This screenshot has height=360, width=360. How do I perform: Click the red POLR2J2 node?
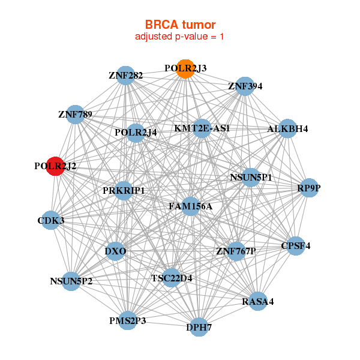(x=55, y=166)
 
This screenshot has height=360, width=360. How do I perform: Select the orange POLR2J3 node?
(x=185, y=68)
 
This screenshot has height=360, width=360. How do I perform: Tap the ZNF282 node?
(x=125, y=75)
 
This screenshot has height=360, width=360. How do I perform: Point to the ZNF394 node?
(x=245, y=86)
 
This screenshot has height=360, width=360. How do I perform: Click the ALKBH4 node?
(x=287, y=128)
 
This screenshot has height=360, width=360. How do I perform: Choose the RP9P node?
(x=309, y=188)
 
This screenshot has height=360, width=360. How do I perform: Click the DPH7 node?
(x=199, y=327)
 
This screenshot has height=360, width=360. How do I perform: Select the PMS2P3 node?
(x=128, y=321)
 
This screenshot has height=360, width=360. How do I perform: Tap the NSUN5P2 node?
(x=71, y=280)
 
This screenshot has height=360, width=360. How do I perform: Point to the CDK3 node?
(x=51, y=220)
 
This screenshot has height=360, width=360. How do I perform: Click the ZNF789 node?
(x=75, y=114)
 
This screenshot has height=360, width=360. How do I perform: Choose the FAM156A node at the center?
(x=190, y=206)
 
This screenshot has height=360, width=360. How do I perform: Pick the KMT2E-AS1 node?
(x=202, y=128)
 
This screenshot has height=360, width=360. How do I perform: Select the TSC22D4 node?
(x=171, y=278)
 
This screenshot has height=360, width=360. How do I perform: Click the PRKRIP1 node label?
(x=124, y=191)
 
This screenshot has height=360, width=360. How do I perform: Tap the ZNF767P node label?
(x=236, y=251)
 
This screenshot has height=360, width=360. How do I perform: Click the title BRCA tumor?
(x=180, y=25)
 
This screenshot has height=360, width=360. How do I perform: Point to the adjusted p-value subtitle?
(x=180, y=37)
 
